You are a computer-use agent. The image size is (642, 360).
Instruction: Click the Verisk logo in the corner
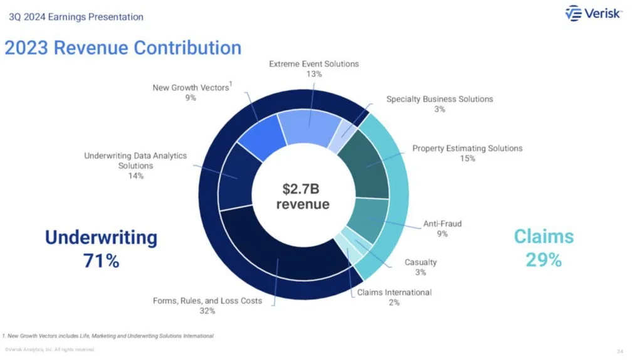click(x=593, y=14)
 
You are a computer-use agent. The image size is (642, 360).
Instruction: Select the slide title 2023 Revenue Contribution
click(x=123, y=48)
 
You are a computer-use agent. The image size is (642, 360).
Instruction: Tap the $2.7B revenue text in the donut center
click(x=303, y=196)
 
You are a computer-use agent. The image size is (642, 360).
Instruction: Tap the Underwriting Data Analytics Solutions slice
click(x=236, y=176)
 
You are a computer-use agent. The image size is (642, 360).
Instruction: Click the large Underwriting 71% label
click(x=101, y=248)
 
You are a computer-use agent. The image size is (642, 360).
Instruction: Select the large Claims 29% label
click(x=544, y=248)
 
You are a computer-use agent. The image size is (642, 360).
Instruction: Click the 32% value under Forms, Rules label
click(x=208, y=310)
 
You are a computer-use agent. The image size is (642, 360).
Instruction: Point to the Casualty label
click(x=421, y=262)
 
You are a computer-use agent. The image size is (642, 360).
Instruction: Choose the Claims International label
click(x=394, y=292)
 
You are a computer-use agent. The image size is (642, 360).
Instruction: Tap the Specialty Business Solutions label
click(x=439, y=99)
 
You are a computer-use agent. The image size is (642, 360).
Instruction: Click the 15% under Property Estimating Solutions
click(x=467, y=159)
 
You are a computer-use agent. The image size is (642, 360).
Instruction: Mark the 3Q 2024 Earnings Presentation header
click(x=76, y=17)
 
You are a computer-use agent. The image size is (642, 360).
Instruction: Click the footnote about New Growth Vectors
click(x=108, y=336)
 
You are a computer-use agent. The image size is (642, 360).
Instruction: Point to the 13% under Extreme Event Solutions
click(x=314, y=74)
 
